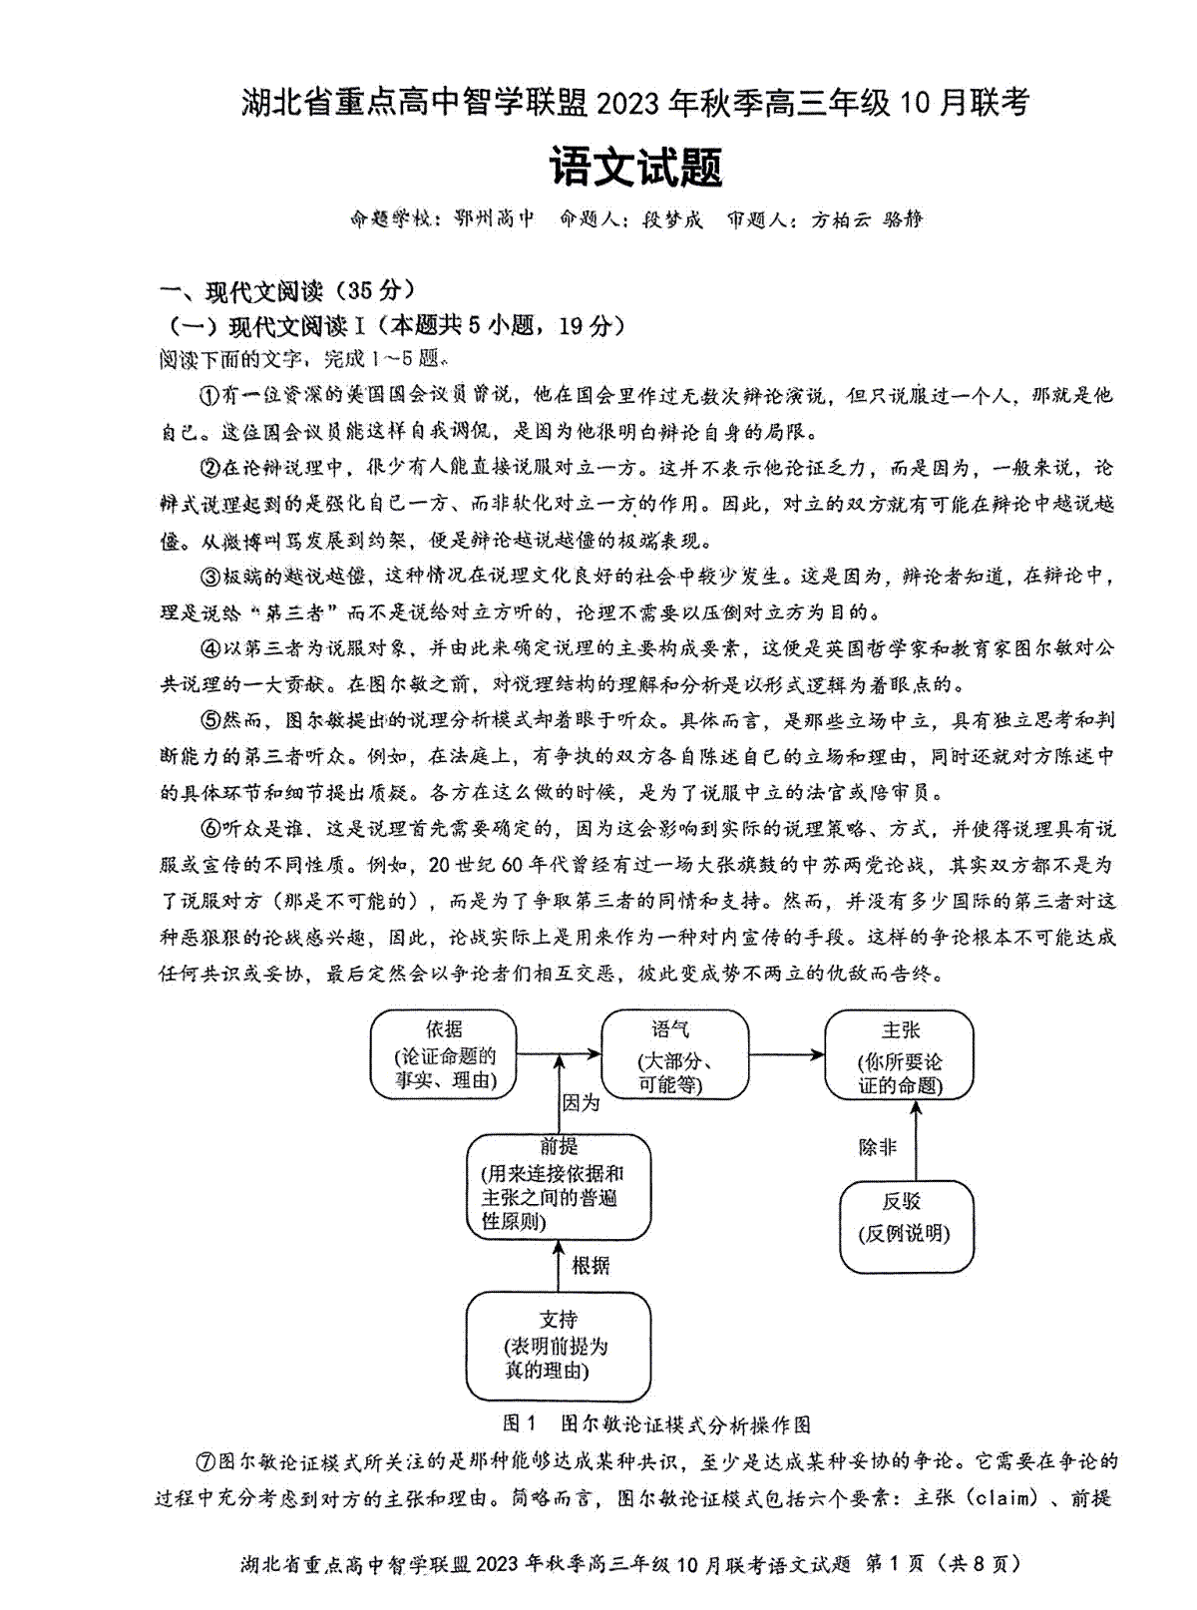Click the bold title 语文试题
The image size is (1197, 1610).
[635, 167]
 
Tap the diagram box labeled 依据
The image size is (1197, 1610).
[444, 1054]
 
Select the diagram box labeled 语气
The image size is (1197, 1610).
[674, 1054]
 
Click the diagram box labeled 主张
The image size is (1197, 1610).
[900, 1054]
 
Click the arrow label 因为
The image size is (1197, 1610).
[581, 1103]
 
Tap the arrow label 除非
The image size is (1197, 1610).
[878, 1147]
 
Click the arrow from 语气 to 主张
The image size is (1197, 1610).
[787, 1054]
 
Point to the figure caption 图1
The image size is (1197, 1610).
[519, 1424]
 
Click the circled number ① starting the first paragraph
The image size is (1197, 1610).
[209, 396]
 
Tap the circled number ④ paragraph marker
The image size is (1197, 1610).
[209, 648]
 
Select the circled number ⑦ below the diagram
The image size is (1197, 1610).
[205, 1461]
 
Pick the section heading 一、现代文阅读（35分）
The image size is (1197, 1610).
[288, 291]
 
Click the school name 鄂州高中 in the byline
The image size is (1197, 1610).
[495, 218]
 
